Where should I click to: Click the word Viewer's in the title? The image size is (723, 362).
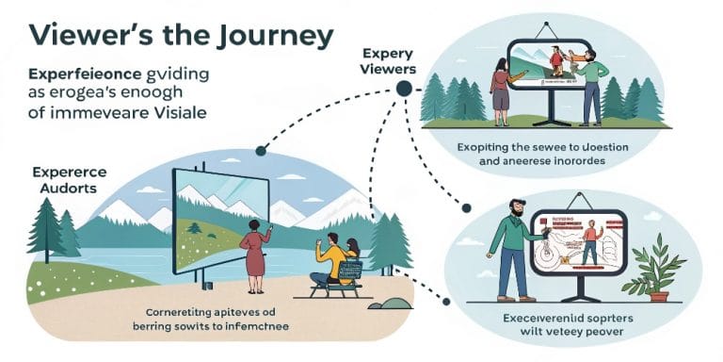click(80, 36)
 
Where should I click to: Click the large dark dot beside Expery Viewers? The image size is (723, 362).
click(404, 89)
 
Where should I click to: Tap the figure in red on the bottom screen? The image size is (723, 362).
click(589, 242)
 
